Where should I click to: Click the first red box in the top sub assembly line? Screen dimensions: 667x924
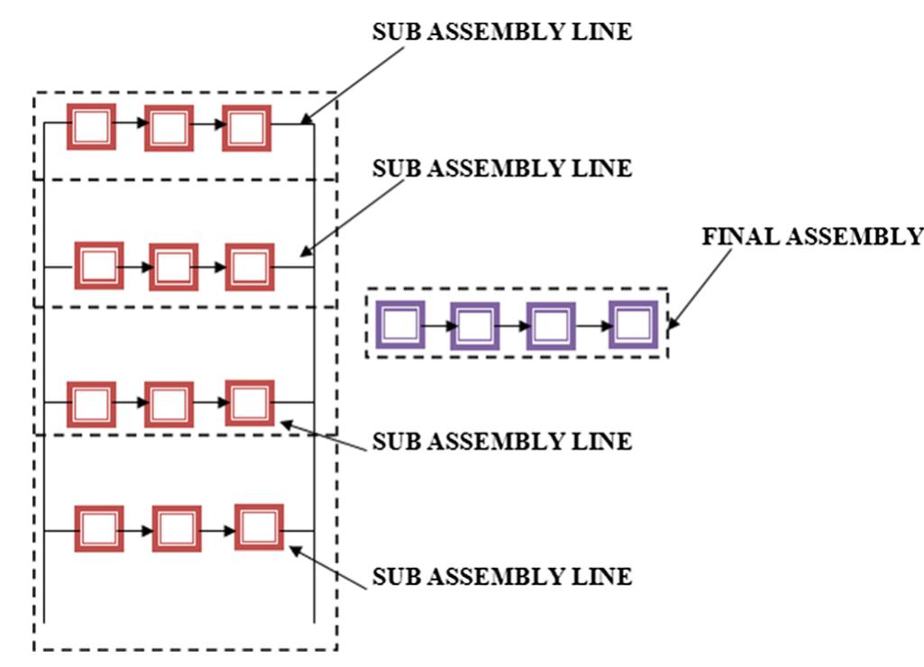pyautogui.click(x=92, y=128)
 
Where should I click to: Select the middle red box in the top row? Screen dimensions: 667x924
pyautogui.click(x=169, y=128)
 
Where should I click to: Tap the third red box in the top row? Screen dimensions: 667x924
pyautogui.click(x=246, y=128)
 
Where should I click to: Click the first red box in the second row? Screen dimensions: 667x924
pyautogui.click(x=98, y=265)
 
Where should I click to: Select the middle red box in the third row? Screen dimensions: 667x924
pyautogui.click(x=169, y=404)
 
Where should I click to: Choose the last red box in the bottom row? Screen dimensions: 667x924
pyautogui.click(x=259, y=527)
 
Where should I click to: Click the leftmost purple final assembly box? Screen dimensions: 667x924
pyautogui.click(x=400, y=324)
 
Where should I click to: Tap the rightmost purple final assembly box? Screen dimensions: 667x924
pyautogui.click(x=633, y=324)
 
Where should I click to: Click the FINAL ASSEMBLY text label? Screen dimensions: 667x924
pyautogui.click(x=811, y=236)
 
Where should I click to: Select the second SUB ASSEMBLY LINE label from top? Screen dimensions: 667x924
pyautogui.click(x=502, y=169)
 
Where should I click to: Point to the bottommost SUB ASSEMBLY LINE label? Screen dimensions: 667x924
pyautogui.click(x=502, y=576)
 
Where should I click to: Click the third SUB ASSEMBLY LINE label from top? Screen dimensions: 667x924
pyautogui.click(x=502, y=443)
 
